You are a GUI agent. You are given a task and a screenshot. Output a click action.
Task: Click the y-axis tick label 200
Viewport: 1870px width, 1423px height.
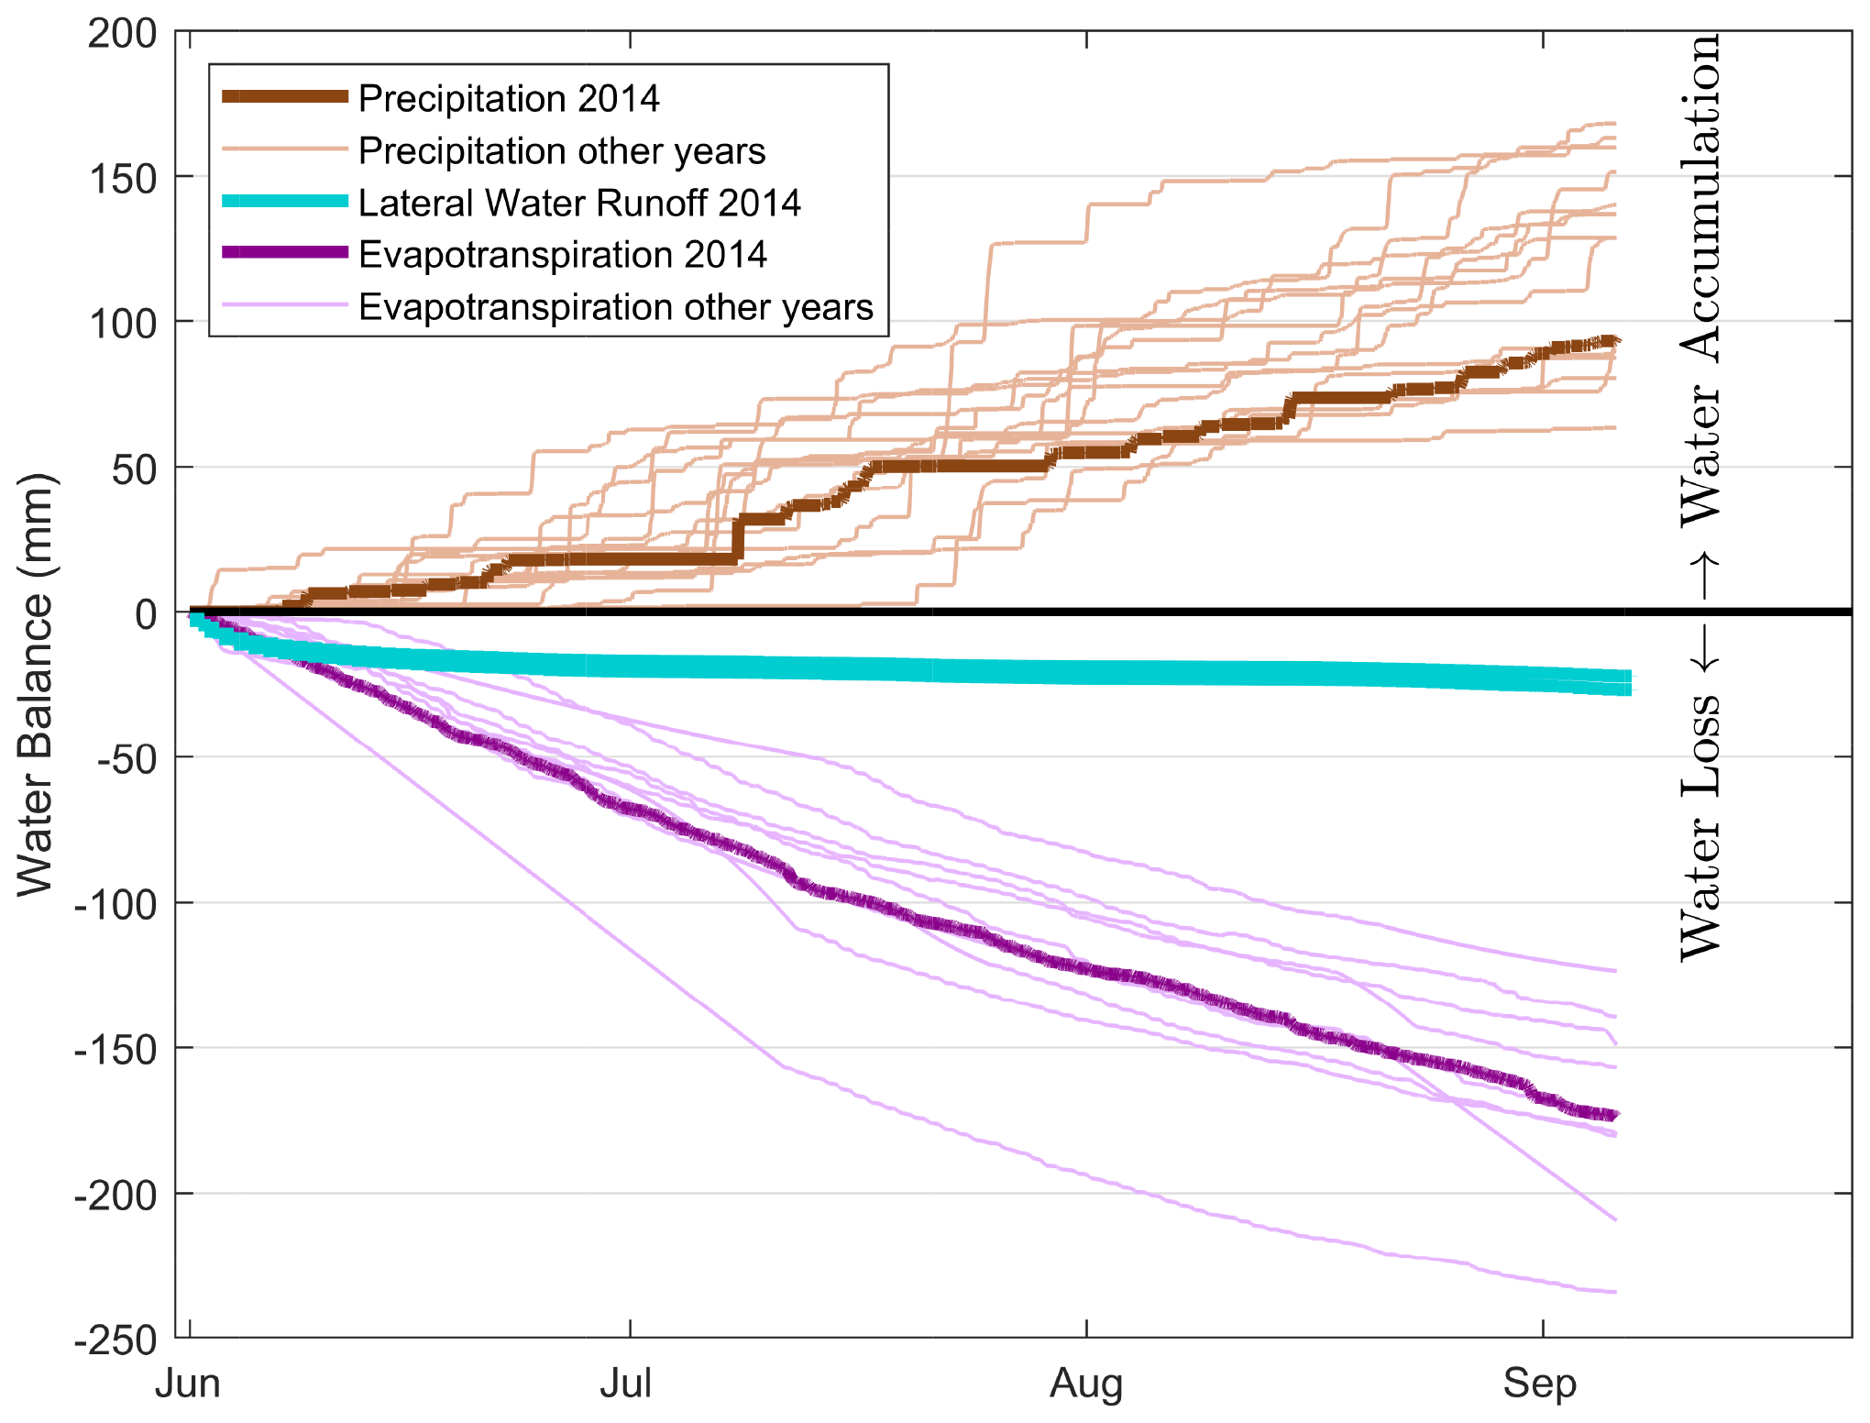pyautogui.click(x=123, y=34)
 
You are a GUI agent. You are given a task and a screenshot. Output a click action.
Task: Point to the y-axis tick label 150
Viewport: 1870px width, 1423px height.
pyautogui.click(x=123, y=179)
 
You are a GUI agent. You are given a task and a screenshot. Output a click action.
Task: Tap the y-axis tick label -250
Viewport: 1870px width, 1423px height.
pyautogui.click(x=116, y=1340)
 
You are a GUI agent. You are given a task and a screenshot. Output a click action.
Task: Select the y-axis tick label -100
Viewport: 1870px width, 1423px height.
pyautogui.click(x=116, y=905)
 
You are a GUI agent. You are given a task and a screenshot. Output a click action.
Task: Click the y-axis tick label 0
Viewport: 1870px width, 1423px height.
pyautogui.click(x=146, y=614)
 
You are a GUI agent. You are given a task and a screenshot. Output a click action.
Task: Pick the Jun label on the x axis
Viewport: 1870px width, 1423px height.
pyautogui.click(x=188, y=1384)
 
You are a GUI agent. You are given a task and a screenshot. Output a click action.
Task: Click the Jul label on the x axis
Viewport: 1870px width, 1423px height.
pyautogui.click(x=627, y=1384)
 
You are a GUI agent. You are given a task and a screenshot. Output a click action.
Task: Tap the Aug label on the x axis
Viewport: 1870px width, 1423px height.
pyautogui.click(x=1086, y=1384)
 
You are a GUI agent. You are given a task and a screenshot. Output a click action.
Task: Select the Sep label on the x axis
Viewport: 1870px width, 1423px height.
pyautogui.click(x=1540, y=1384)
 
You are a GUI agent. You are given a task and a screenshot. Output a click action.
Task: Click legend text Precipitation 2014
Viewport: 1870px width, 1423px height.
pyautogui.click(x=509, y=98)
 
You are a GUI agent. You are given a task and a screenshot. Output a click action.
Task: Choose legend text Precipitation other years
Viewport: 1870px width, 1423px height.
pyautogui.click(x=562, y=150)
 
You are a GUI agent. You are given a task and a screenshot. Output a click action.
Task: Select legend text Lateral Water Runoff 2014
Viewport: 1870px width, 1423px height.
pyautogui.click(x=579, y=203)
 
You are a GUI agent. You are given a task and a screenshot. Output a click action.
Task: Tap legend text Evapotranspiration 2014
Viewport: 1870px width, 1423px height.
pyautogui.click(x=563, y=254)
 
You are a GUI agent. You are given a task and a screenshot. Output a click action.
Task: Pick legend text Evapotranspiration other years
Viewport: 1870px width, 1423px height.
pyautogui.click(x=616, y=306)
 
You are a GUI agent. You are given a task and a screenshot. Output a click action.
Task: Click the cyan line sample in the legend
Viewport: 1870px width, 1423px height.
pyautogui.click(x=285, y=202)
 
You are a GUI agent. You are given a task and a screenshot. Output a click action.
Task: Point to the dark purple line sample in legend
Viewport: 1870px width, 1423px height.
pyautogui.click(x=285, y=253)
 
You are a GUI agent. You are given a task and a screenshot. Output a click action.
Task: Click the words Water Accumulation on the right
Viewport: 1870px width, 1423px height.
pyautogui.click(x=1700, y=280)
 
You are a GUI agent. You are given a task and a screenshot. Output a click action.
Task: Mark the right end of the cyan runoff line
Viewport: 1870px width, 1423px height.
pyautogui.click(x=1628, y=683)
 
